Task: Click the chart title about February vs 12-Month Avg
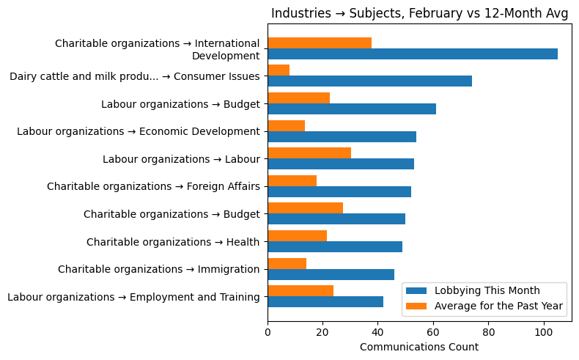(420, 14)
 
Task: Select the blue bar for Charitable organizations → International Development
(413, 54)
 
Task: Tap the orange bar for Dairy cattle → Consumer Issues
(279, 70)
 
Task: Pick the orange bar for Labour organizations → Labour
(309, 153)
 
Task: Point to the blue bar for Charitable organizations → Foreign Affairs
(339, 191)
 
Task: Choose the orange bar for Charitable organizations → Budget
(305, 208)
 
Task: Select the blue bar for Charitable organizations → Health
(335, 246)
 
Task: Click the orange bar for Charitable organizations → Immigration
(287, 263)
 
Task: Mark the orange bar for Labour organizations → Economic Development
(286, 125)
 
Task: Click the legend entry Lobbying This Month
(487, 290)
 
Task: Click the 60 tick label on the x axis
(433, 332)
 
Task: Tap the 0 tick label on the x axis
(268, 332)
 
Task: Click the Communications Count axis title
(419, 347)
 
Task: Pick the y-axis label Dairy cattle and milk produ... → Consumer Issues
(135, 76)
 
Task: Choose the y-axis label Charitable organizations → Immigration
(159, 269)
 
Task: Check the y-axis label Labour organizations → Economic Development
(139, 131)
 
